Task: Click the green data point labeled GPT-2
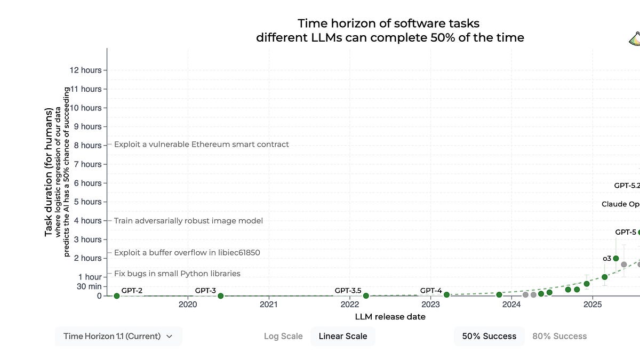coord(116,295)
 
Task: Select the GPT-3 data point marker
coord(220,295)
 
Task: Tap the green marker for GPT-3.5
coord(366,295)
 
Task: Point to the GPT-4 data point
coord(446,294)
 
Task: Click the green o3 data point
coord(616,259)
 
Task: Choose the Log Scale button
coord(283,336)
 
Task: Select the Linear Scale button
coord(343,336)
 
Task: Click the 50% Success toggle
coord(489,336)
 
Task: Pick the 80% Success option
coord(559,336)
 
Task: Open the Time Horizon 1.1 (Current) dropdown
coord(118,336)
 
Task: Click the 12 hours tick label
coord(85,70)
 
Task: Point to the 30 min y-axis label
coord(88,286)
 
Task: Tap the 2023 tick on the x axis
coord(430,305)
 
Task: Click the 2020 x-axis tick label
coord(188,305)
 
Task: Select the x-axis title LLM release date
coord(390,317)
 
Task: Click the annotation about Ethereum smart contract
coord(202,144)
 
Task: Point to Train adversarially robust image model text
coord(188,220)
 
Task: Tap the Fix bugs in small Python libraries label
coord(177,274)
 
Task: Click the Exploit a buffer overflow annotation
coord(187,252)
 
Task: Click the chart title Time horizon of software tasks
coord(389,23)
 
